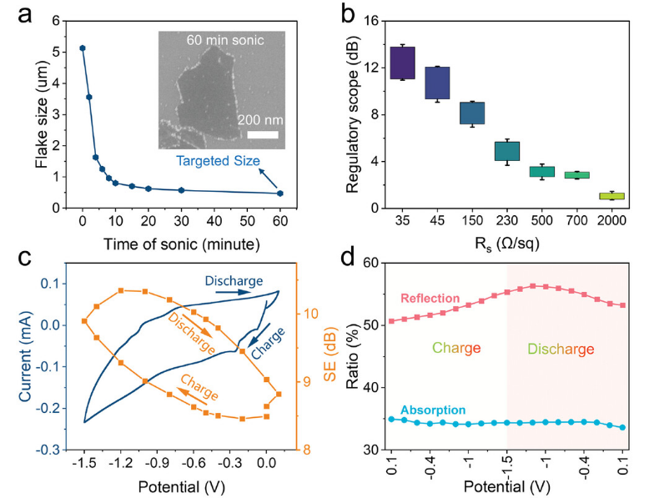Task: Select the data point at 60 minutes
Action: coord(280,194)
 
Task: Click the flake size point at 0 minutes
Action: coord(82,48)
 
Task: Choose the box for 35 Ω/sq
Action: coord(403,63)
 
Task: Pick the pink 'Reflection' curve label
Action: coord(430,299)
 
